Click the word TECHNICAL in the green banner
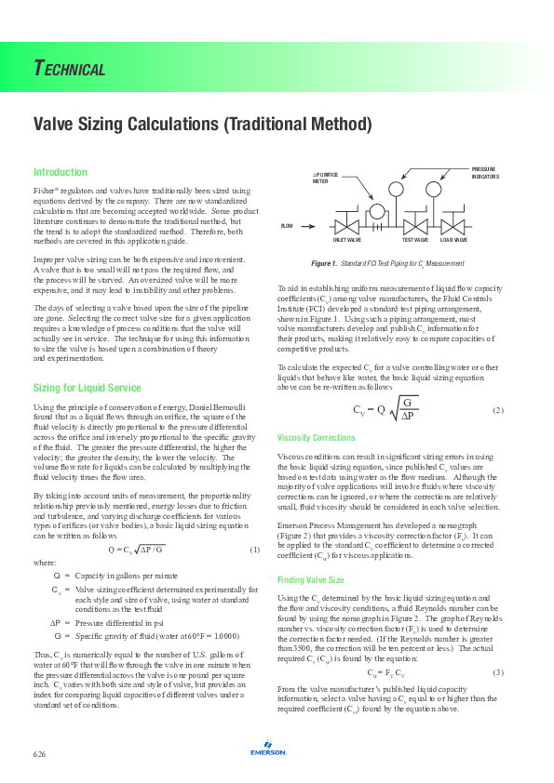point(70,68)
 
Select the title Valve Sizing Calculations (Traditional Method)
point(202,124)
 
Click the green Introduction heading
point(61,172)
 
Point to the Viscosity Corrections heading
point(318,438)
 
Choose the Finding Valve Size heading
point(311,580)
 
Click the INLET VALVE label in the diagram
point(347,240)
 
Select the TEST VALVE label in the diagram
point(414,240)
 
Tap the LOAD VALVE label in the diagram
point(453,240)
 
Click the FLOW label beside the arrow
point(287,226)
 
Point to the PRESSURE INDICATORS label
point(484,173)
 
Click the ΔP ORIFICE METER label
point(325,178)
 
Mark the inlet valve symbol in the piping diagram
point(347,226)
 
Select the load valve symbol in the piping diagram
point(453,226)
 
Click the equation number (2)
point(497,410)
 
